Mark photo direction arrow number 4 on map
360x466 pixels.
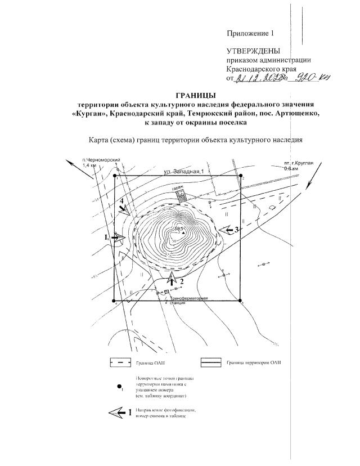(125, 208)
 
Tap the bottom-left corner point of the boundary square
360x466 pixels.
(115, 301)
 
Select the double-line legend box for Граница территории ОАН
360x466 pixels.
(209, 363)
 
